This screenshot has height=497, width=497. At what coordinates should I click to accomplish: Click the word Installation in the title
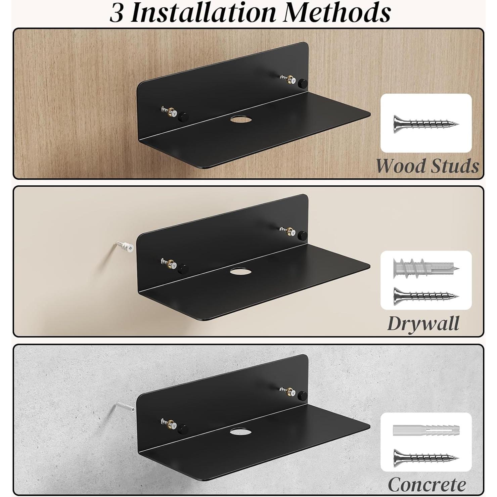[x=203, y=13]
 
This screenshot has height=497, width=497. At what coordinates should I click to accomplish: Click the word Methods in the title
[x=337, y=13]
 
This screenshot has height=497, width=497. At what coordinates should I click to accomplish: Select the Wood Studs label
[x=427, y=166]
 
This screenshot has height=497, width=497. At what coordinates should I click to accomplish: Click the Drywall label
[x=423, y=323]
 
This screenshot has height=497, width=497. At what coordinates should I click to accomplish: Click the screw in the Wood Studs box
[x=426, y=124]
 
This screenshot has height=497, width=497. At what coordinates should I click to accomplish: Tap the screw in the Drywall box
[x=426, y=296]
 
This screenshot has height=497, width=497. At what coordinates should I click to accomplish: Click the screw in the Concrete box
[x=426, y=457]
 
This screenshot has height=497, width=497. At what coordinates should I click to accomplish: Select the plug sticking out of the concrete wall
[x=125, y=407]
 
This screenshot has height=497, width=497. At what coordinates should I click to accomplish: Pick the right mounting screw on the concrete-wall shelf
[x=288, y=391]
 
